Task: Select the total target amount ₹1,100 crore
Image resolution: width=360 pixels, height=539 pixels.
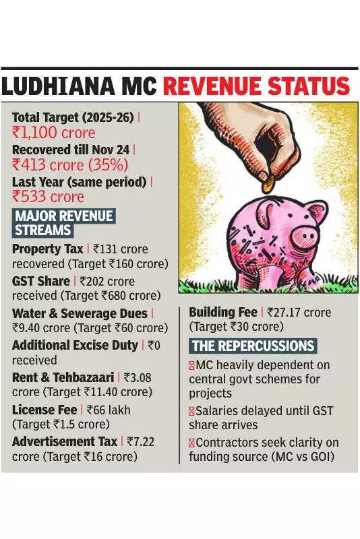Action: pos(54,133)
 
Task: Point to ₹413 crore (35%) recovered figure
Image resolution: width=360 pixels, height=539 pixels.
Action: pos(70,164)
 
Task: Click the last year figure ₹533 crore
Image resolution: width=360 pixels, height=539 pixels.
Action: pos(48,197)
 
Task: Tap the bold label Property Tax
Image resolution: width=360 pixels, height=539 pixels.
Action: pos(47,249)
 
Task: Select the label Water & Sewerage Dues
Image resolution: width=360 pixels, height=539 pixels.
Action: pos(80,313)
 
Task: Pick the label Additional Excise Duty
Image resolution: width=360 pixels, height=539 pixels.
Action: pos(75,345)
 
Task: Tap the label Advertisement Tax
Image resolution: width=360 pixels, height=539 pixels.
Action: pos(65,441)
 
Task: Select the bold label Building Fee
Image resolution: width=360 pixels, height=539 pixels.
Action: pos(222,313)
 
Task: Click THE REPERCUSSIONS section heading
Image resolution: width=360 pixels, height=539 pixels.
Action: pos(253,346)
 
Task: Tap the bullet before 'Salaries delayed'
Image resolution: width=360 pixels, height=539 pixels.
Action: pos(192,411)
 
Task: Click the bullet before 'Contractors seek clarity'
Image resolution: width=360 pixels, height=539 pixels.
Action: pos(192,443)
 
